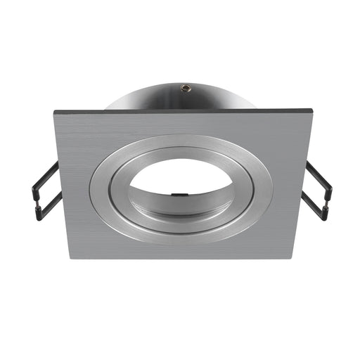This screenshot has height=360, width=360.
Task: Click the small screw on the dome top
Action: [x=184, y=88]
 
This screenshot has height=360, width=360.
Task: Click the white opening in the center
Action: [x=181, y=179]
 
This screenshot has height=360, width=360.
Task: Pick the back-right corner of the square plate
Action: [x=311, y=111]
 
